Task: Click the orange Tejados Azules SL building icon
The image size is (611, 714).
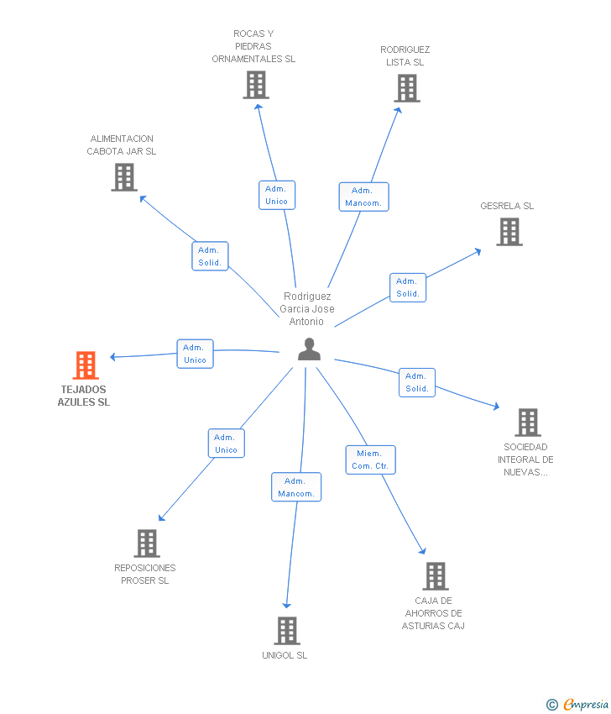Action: coord(86,365)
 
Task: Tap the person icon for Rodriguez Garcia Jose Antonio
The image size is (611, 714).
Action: coord(309,349)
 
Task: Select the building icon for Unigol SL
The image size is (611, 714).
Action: coord(287,631)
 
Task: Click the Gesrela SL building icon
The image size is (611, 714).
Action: coord(509,232)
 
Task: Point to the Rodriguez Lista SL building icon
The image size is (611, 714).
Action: coord(406,88)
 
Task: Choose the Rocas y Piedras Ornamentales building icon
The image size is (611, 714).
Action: coord(255,85)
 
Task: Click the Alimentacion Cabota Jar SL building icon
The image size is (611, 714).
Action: coord(124,177)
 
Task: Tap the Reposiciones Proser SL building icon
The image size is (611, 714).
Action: coord(147,543)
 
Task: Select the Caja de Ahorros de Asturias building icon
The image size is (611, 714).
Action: coord(435,576)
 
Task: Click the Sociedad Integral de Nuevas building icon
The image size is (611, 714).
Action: coord(527,423)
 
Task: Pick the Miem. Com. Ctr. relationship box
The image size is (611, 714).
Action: coord(370,459)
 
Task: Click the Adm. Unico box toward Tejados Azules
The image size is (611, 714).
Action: coord(195,354)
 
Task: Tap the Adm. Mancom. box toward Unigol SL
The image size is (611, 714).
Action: coord(295,487)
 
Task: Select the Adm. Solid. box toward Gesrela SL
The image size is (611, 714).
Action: coord(408,287)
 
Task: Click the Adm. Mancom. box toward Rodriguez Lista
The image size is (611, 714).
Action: coord(363,197)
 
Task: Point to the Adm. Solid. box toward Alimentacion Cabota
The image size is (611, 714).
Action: coord(210,256)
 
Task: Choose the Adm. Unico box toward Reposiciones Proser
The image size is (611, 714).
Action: coord(226,444)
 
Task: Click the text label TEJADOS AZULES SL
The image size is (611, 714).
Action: coord(85,396)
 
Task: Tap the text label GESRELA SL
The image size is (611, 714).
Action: coord(507,206)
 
